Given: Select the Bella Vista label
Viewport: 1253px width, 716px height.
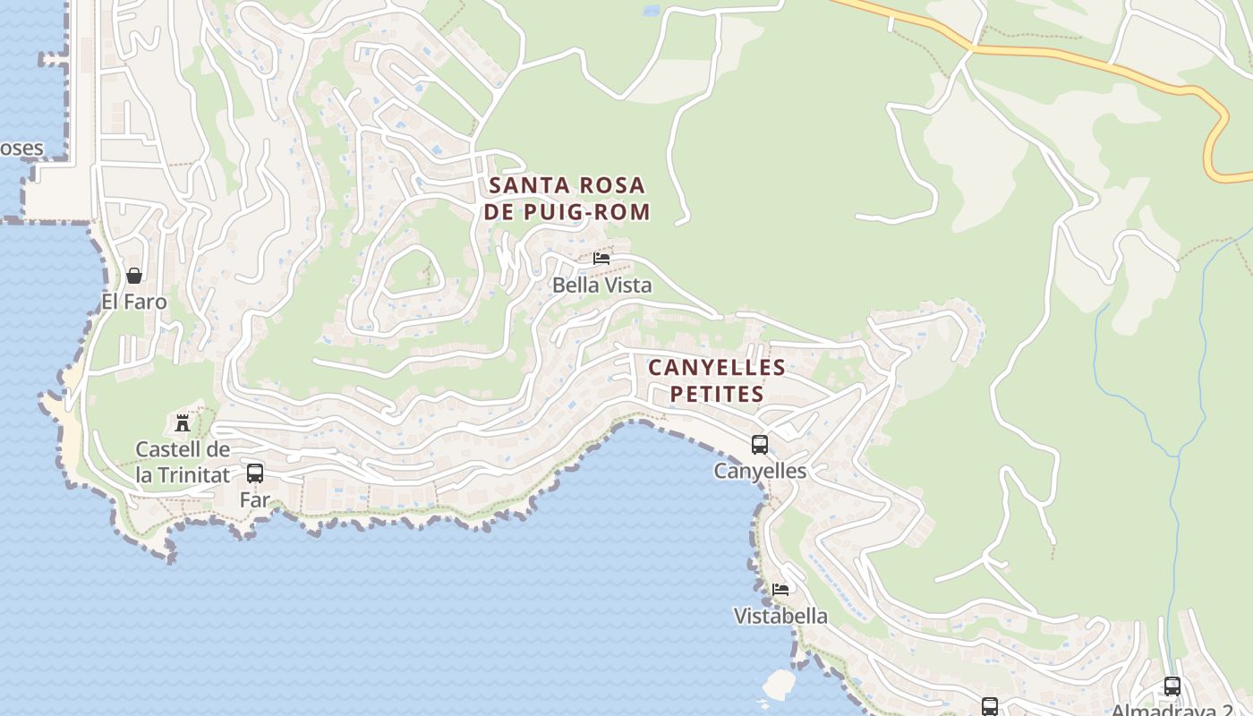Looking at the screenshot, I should click(601, 286).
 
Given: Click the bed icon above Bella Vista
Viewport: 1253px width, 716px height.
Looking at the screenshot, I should click(601, 259).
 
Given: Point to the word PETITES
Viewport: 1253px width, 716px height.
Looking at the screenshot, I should click(717, 394).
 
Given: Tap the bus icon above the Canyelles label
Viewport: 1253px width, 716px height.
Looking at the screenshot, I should click(760, 444).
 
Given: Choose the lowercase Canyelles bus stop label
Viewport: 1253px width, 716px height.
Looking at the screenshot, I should click(760, 471).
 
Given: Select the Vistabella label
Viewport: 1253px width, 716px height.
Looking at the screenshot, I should click(780, 617).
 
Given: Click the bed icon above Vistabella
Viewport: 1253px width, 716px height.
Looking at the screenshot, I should click(780, 590).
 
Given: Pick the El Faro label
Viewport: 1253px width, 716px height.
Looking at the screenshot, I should click(134, 302).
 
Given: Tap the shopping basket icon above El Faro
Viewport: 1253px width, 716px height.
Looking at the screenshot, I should click(134, 276).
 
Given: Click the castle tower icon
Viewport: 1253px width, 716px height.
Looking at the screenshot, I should click(183, 422).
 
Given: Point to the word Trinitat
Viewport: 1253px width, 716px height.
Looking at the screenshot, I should click(194, 475).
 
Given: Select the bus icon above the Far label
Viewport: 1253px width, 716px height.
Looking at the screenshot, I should click(255, 473).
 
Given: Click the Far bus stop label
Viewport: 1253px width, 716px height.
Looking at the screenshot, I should click(255, 499).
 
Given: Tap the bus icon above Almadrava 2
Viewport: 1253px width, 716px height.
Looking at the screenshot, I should click(1172, 686).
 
